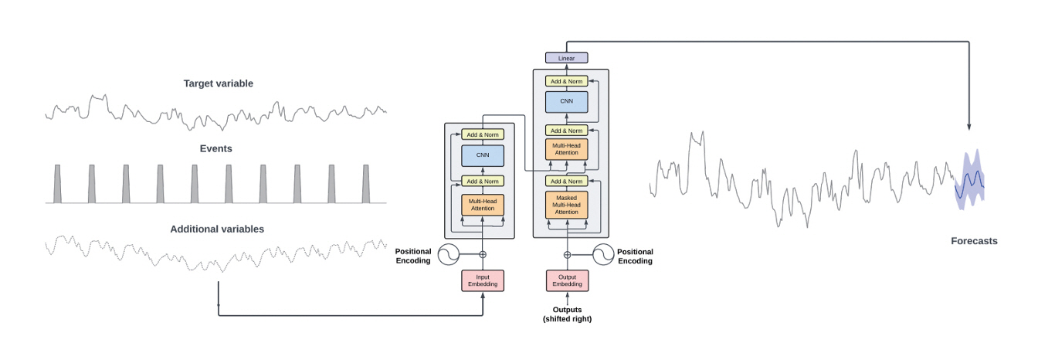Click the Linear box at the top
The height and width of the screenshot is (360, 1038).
tap(566, 58)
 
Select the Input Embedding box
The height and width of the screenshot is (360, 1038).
tap(483, 280)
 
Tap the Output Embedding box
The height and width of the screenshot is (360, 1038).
tap(567, 280)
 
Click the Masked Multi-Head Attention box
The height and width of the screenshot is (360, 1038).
tap(567, 205)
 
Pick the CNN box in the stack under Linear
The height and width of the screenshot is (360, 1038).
tap(567, 102)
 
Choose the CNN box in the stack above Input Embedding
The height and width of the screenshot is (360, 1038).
tap(483, 156)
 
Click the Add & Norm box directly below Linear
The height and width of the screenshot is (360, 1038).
tap(567, 81)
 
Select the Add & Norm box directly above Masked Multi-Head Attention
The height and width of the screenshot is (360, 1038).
tap(567, 181)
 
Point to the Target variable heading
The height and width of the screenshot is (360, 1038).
tap(218, 83)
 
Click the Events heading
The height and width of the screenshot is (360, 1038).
tap(217, 148)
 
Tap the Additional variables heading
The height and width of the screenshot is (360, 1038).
tap(217, 229)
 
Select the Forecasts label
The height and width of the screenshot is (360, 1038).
tap(974, 241)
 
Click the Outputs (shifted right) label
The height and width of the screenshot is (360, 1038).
tap(567, 314)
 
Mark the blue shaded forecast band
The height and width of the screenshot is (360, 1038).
tap(970, 179)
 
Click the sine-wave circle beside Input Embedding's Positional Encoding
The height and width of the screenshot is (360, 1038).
tap(449, 254)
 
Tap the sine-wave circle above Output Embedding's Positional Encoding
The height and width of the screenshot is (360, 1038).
tap(603, 254)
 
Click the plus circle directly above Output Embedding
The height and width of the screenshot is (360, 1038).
tap(567, 254)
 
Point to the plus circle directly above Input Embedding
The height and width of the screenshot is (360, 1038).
tap(483, 254)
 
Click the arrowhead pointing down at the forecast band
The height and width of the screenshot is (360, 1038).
tap(969, 126)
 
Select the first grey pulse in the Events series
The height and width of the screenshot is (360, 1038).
tap(58, 184)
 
